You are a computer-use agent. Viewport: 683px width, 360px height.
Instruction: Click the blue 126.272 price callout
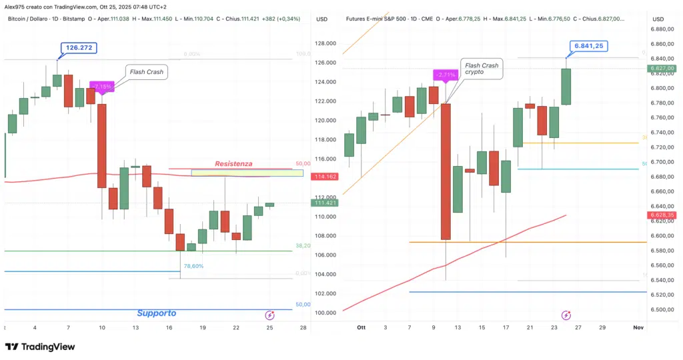tap(78, 47)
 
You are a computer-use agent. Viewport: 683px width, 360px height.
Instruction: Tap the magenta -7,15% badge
tap(103, 86)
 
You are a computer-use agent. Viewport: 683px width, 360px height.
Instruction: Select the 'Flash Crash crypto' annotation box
tap(481, 69)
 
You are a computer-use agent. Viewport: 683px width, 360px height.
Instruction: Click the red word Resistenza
tap(233, 163)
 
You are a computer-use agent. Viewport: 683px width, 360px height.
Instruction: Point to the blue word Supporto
tap(156, 313)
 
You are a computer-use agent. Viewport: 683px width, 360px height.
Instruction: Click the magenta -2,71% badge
tap(445, 74)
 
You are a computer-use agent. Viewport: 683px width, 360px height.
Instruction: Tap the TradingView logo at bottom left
tap(40, 347)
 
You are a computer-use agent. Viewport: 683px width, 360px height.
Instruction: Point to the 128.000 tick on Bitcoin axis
tap(325, 44)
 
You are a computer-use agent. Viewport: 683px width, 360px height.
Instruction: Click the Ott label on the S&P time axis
tap(362, 328)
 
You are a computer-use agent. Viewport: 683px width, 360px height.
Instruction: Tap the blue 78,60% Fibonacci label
tap(193, 266)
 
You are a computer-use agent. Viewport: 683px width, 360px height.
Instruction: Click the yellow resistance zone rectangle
tap(247, 173)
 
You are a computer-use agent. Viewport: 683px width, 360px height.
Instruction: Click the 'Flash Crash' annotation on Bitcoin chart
tap(147, 72)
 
